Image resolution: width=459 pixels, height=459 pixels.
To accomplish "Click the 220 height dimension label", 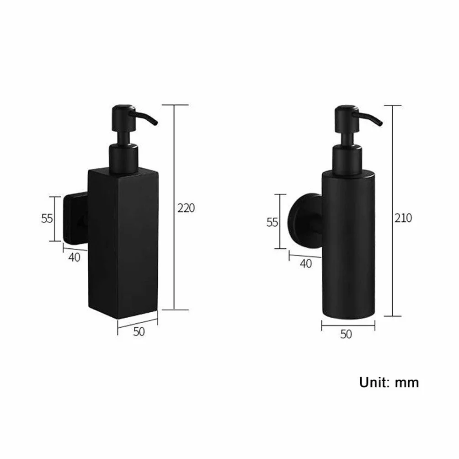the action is (x=186, y=208).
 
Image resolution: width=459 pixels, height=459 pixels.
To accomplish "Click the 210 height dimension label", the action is (x=403, y=218).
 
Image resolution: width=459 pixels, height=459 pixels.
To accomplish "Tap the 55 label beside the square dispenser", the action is (x=47, y=219).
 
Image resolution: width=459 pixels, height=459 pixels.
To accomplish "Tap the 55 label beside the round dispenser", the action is (x=272, y=223).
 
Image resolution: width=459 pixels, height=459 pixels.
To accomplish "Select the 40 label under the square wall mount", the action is (x=74, y=257).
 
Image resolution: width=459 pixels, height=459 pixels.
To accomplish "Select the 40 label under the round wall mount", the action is (x=306, y=263).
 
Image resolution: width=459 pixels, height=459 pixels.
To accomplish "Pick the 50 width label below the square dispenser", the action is (x=139, y=331).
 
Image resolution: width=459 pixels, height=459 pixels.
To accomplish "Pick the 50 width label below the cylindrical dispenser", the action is (x=346, y=334).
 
